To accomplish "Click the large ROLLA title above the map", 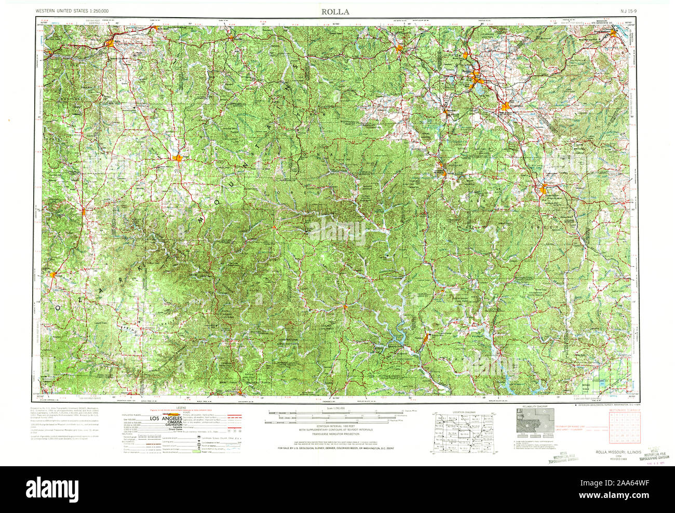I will pyautogui.click(x=335, y=11).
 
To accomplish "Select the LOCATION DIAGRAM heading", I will pyautogui.click(x=464, y=412).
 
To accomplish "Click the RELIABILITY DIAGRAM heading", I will pyautogui.click(x=535, y=407).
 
